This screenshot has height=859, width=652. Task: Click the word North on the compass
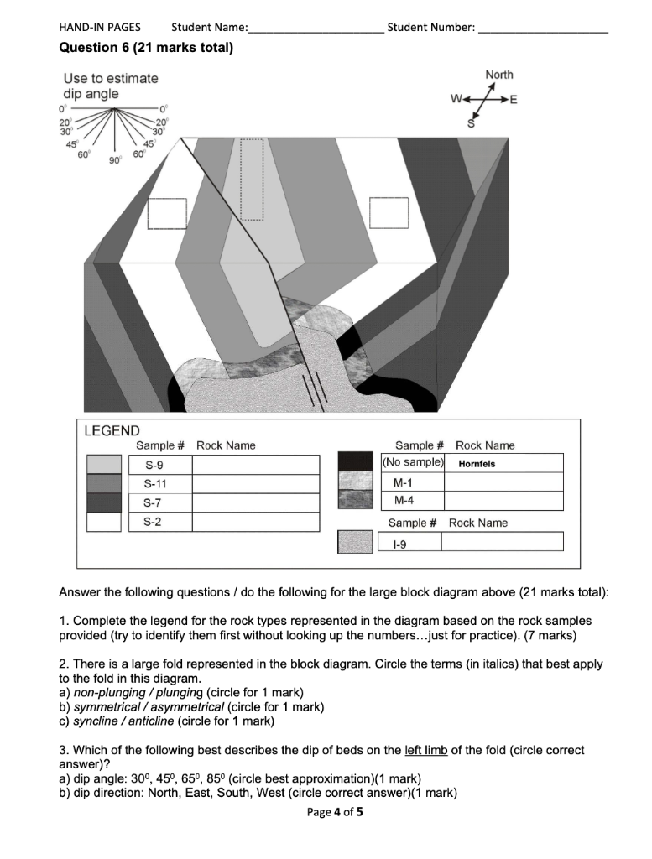(x=499, y=75)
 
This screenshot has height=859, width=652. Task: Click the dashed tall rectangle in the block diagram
(x=252, y=179)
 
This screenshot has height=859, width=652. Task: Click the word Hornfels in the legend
(x=477, y=464)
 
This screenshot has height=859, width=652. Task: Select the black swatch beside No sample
(x=355, y=462)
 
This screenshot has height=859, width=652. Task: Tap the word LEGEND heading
(x=112, y=430)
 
